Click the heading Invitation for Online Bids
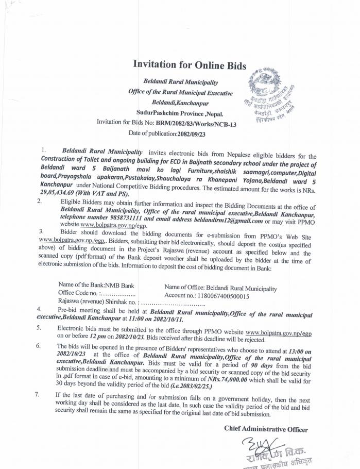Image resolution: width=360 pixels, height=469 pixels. (x=190, y=65)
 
